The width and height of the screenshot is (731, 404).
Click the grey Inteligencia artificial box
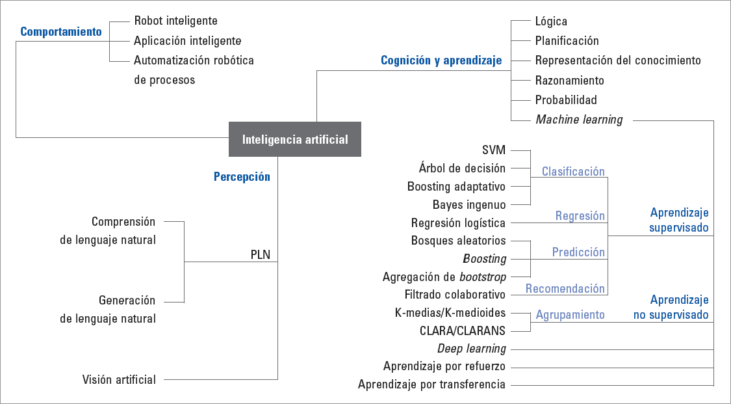295,139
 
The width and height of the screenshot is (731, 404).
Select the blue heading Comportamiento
61,31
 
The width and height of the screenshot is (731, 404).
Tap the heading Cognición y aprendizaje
441,61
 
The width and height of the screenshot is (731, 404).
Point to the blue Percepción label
242,176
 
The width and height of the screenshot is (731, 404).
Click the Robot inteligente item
175,21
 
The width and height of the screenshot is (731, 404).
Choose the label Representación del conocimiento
618,61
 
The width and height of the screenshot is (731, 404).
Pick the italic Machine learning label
579,120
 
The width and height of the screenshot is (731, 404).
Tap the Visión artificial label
119,379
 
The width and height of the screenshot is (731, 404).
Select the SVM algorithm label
494,150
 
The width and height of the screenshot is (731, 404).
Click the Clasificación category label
573,172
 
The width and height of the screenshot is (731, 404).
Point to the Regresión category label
580,216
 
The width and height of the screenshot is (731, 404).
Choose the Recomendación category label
565,288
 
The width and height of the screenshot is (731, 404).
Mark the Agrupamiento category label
570,315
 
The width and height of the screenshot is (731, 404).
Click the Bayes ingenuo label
469,205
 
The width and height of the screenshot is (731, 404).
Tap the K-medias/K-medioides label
450,313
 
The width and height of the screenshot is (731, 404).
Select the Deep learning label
471,349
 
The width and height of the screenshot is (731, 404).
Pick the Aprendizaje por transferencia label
431,384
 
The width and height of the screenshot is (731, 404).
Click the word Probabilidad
566,100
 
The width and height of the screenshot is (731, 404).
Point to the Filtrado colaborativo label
455,295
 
